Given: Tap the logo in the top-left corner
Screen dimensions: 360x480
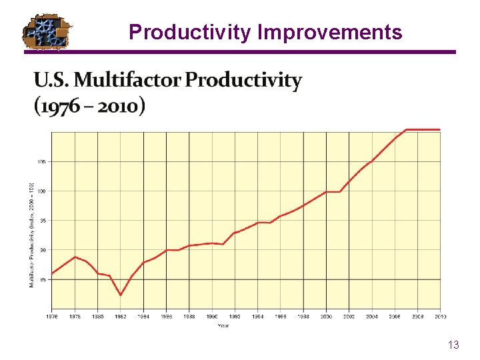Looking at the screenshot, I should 47,31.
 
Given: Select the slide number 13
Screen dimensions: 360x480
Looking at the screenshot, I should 453,345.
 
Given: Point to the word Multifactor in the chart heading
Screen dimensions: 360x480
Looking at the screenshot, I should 127,80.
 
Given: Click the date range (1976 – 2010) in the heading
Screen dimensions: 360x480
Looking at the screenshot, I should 89,106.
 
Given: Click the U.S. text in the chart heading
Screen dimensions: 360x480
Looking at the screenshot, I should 52,80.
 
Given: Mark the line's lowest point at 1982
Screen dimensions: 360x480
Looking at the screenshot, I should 121,295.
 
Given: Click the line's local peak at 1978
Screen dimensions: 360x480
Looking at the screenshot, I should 75,257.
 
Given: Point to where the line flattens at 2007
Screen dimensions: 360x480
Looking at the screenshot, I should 407,129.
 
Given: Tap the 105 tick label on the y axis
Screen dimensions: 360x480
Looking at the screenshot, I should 41,161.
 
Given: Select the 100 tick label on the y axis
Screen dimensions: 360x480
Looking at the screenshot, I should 41,191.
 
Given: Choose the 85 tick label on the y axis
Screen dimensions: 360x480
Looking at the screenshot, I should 43,280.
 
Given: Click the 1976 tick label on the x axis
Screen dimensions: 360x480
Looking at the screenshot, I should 51,317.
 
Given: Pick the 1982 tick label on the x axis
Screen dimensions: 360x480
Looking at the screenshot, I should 121,317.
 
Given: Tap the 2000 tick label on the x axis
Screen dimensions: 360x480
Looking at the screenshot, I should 327,317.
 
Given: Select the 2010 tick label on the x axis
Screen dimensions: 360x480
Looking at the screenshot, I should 441,317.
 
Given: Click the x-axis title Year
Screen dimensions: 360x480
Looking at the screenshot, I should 224,325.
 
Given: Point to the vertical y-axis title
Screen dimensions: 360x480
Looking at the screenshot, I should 31,235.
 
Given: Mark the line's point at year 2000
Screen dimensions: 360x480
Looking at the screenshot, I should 327,192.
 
